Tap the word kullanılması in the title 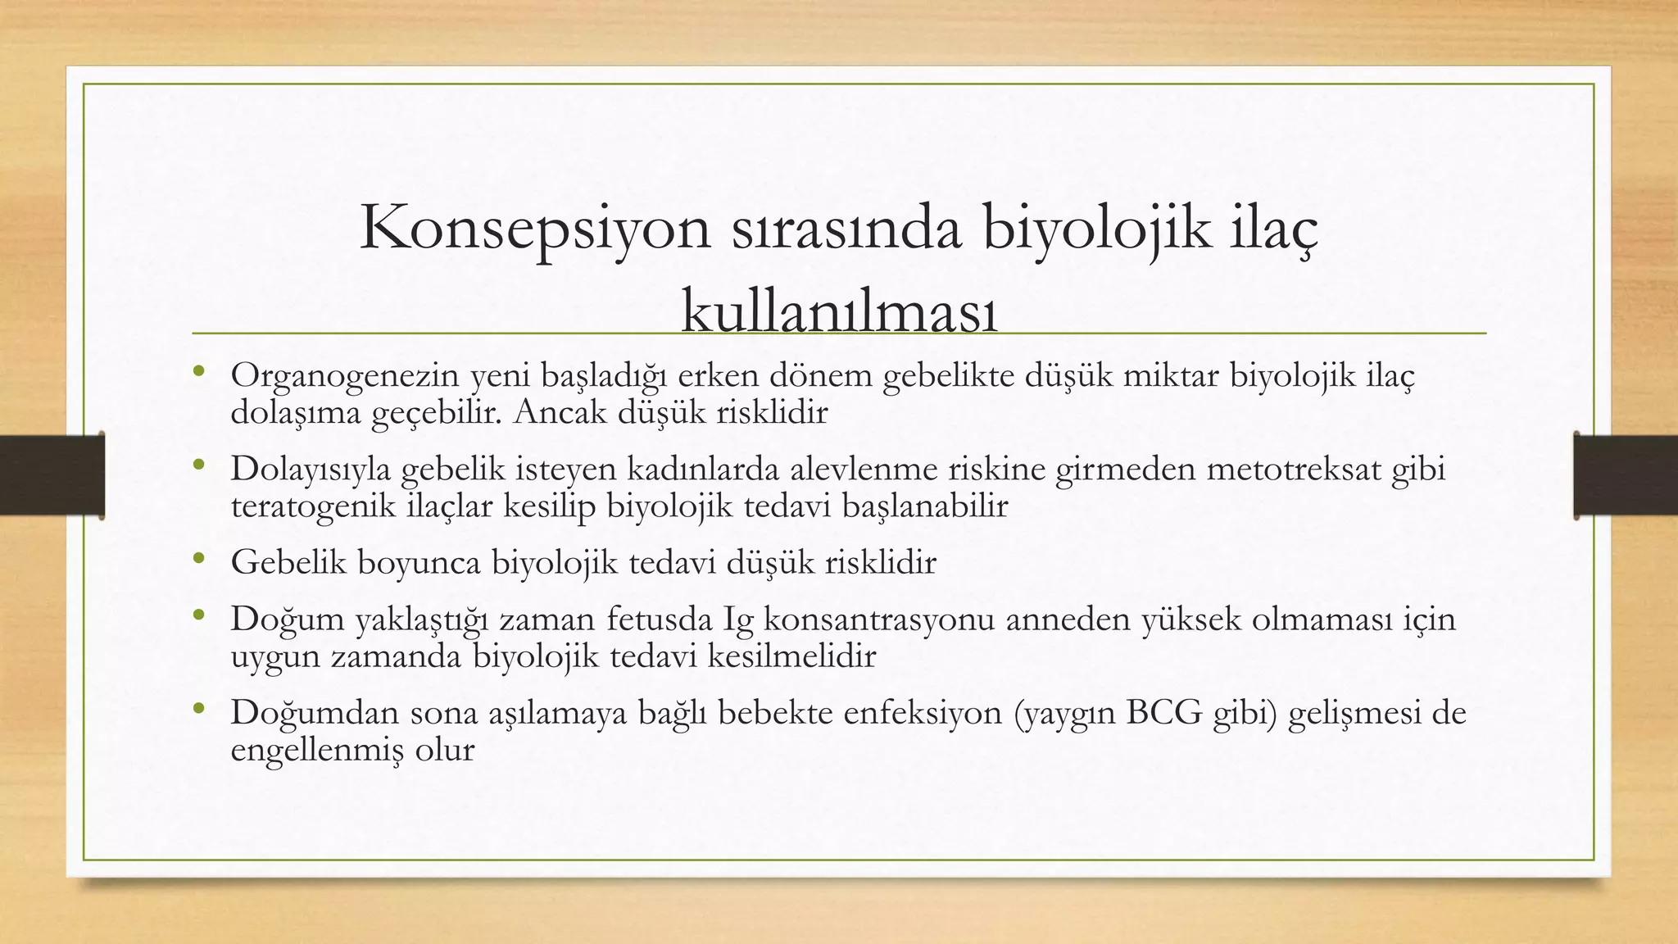click(839, 312)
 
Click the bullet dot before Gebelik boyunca click(198, 560)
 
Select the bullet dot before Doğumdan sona click(198, 710)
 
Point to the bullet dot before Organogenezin click(198, 373)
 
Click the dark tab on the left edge click(52, 475)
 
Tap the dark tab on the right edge click(1626, 475)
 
